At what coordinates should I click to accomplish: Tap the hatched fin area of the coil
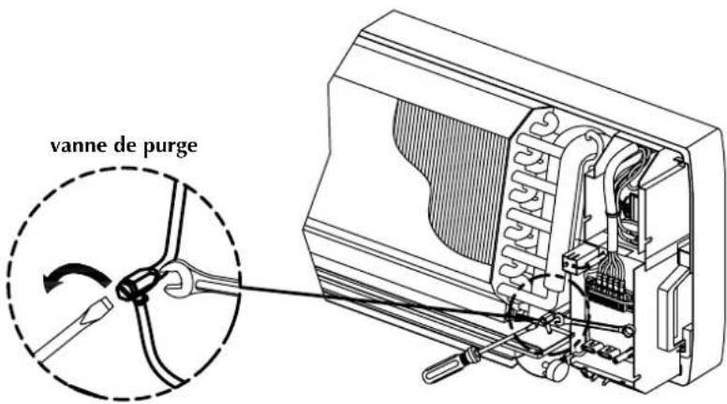pyautogui.click(x=440, y=178)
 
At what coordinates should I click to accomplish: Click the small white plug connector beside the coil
pyautogui.click(x=571, y=263)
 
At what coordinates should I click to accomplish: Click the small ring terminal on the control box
pyautogui.click(x=627, y=329)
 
